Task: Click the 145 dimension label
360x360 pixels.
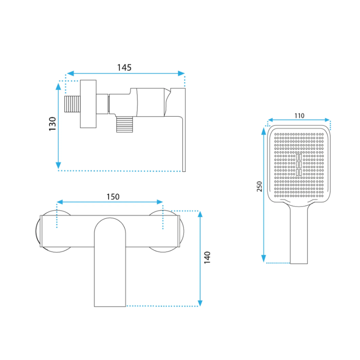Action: coord(124,67)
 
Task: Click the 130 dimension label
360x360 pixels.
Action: coord(53,124)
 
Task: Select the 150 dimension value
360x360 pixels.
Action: coord(113,197)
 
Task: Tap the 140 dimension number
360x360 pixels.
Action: coord(207,257)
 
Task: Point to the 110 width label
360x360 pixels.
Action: coord(299,116)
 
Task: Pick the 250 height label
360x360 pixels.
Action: coord(259,186)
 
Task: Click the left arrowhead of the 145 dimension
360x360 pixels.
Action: coord(70,73)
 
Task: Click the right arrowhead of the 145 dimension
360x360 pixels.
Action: coord(181,73)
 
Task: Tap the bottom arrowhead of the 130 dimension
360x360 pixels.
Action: coord(58,165)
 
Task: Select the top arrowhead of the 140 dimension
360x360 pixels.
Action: coord(200,214)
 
